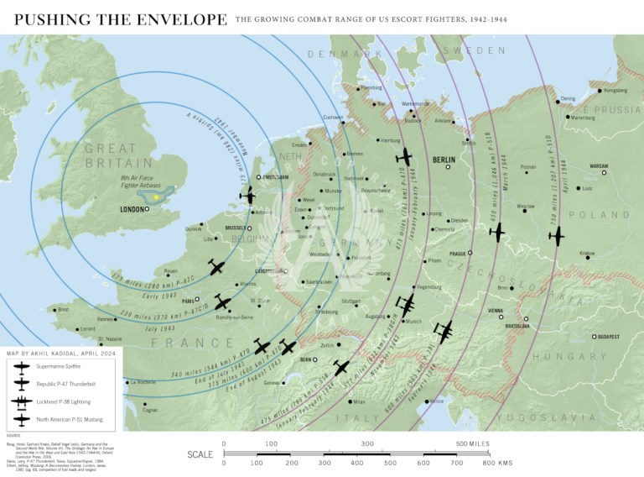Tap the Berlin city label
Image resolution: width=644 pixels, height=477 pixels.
443,159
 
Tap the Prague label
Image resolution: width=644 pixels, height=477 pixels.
458,253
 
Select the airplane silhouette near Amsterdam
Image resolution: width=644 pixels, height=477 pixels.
248,195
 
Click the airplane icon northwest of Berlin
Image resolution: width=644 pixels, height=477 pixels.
405,156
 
